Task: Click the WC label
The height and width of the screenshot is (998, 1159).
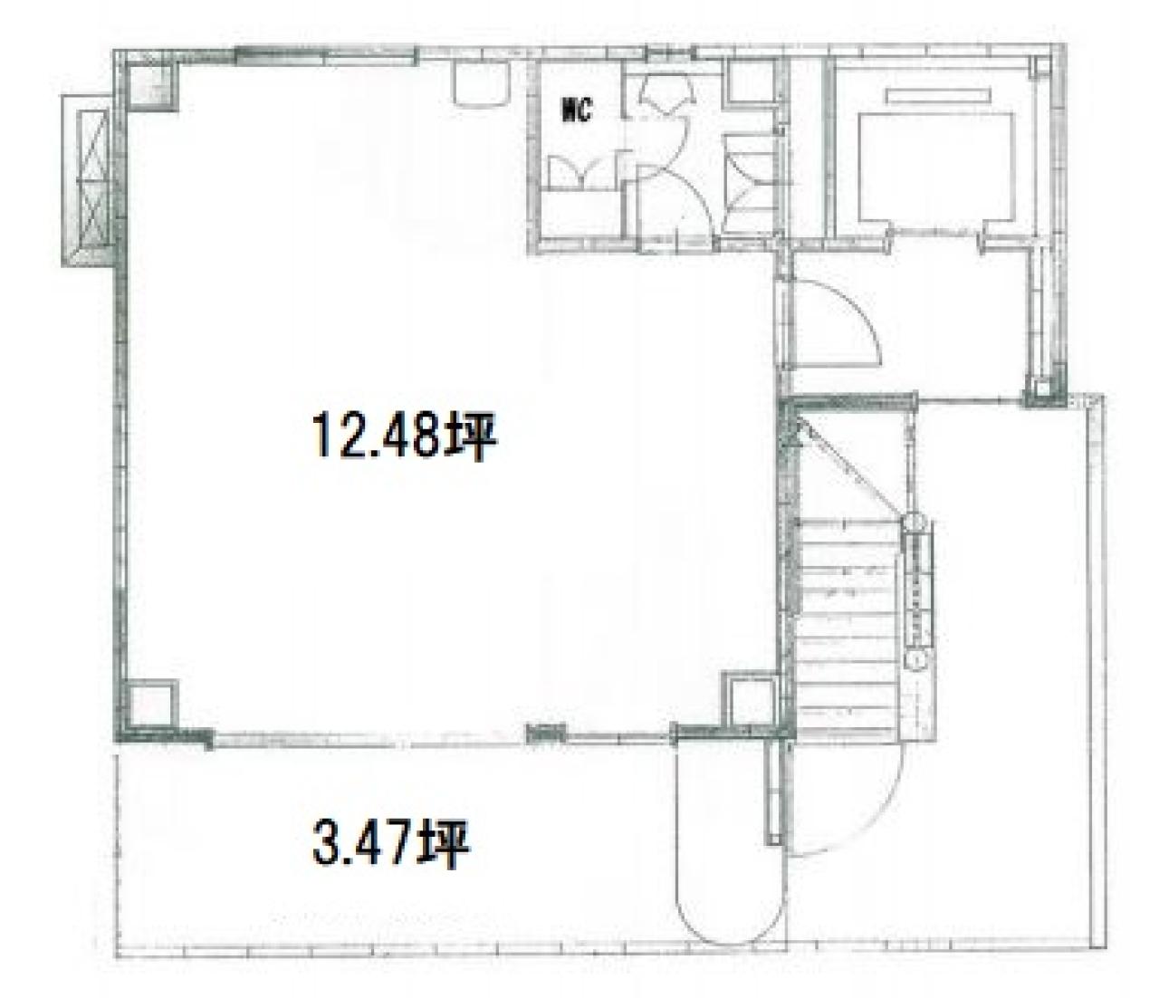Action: (576, 111)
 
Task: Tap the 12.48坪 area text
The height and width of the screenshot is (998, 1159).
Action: (404, 437)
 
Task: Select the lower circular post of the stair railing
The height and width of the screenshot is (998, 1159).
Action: (916, 659)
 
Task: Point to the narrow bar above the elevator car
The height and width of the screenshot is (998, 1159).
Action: (938, 95)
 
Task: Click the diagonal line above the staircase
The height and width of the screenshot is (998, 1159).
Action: (853, 467)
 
